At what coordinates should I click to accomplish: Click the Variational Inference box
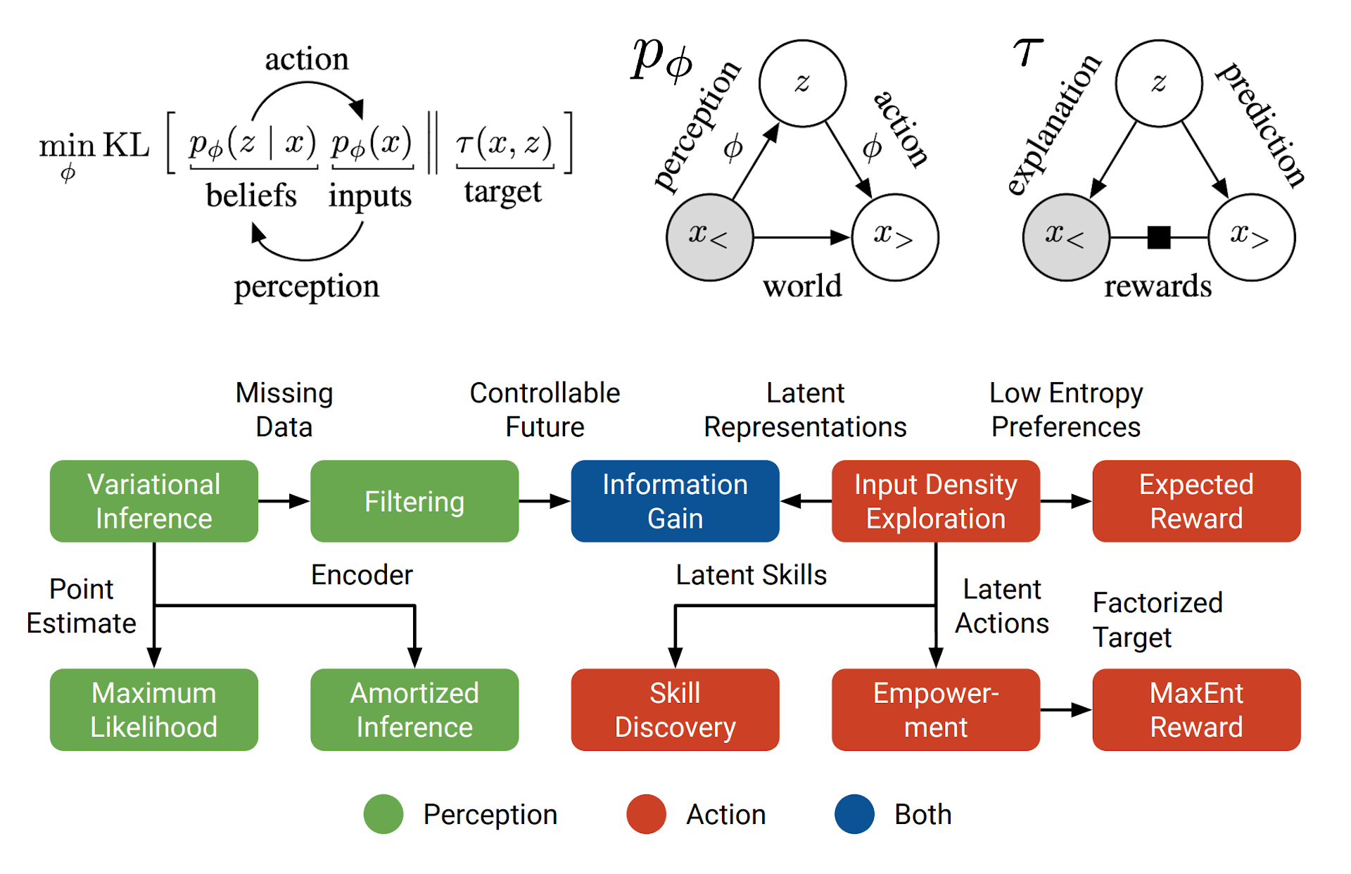153,501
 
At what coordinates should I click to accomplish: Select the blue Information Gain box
675,501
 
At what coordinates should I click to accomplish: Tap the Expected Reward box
1195,501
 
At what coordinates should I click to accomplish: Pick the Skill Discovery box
675,709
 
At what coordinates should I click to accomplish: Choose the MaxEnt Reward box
1195,709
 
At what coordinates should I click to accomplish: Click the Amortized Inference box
414,709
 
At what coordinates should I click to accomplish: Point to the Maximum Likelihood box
153,709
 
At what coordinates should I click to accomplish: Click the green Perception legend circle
383,814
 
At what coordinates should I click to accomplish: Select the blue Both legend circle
854,814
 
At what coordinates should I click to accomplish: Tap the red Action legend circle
646,814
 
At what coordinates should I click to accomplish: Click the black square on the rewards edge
1158,238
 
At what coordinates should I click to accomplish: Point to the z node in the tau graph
1158,83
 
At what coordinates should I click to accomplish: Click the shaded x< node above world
709,237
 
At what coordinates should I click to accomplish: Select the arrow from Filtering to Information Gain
545,501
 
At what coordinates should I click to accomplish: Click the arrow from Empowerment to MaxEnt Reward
1066,710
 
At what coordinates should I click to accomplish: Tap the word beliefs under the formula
251,195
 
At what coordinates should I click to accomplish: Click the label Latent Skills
751,575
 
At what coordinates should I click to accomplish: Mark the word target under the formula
502,191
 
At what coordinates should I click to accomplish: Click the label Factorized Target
1157,619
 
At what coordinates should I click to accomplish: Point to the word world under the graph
802,286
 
